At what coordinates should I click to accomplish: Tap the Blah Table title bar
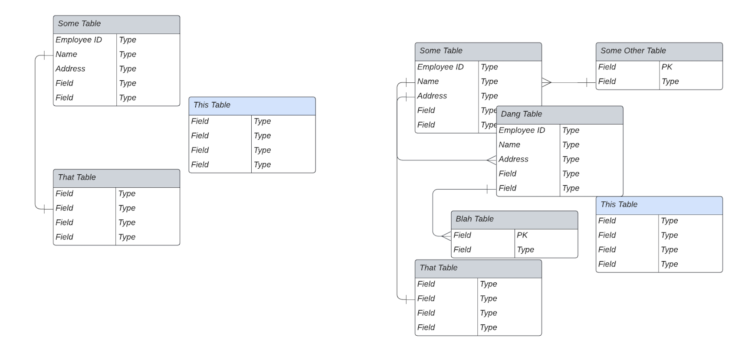[514, 219]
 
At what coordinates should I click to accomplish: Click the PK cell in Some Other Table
[667, 67]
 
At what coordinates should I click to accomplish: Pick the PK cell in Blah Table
[522, 235]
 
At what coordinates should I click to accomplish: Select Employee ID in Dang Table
[522, 131]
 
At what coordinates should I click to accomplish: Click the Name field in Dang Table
[509, 145]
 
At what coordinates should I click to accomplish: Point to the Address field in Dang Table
[513, 159]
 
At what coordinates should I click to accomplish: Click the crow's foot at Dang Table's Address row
[492, 160]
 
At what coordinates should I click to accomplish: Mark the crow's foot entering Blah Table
[446, 236]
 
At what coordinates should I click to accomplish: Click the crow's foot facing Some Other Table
[546, 82]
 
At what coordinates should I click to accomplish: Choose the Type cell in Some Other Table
[670, 82]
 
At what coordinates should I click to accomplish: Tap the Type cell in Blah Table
[525, 250]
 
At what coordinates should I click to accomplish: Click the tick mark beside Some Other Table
[587, 82]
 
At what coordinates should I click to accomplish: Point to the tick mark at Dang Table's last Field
[488, 189]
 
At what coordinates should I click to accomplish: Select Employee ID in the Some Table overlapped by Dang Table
[440, 67]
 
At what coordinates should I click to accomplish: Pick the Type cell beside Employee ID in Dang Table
[571, 131]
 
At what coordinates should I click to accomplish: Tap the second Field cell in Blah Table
[462, 250]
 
